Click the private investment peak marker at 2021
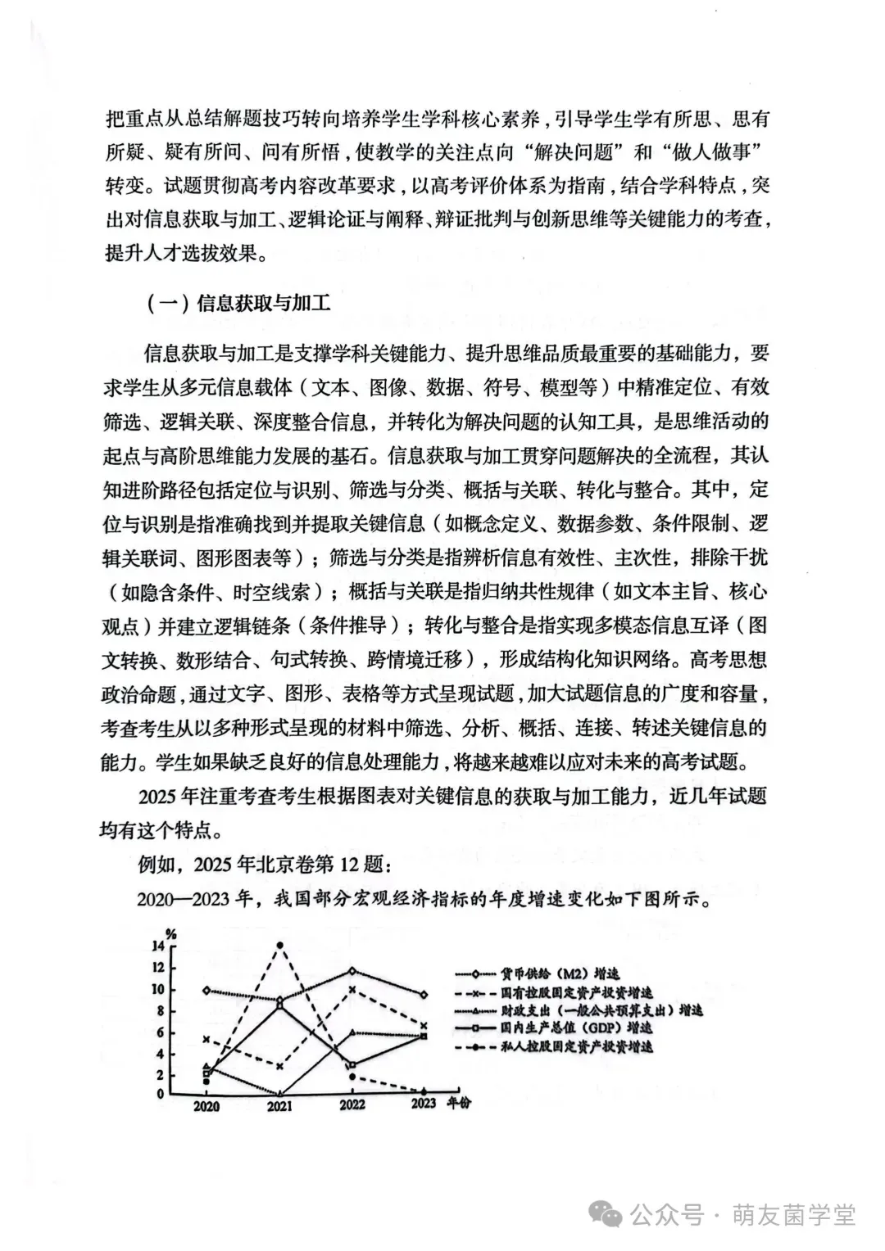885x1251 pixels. [x=280, y=945]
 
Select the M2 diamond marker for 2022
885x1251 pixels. [x=352, y=971]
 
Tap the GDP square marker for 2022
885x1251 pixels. [x=352, y=1065]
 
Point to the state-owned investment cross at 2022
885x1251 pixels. [x=352, y=990]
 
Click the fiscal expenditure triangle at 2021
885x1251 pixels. [x=280, y=1093]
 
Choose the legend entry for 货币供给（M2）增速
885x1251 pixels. [x=560, y=974]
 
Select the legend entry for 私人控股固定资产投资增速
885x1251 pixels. [x=577, y=1047]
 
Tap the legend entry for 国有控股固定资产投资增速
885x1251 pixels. [x=577, y=992]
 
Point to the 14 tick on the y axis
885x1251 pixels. [x=157, y=946]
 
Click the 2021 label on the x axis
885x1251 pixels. [x=279, y=1106]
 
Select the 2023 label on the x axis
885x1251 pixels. [x=423, y=1104]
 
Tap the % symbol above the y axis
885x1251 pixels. [x=170, y=933]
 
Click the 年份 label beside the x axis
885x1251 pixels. [x=459, y=1104]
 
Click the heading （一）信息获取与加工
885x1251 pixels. [x=238, y=304]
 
